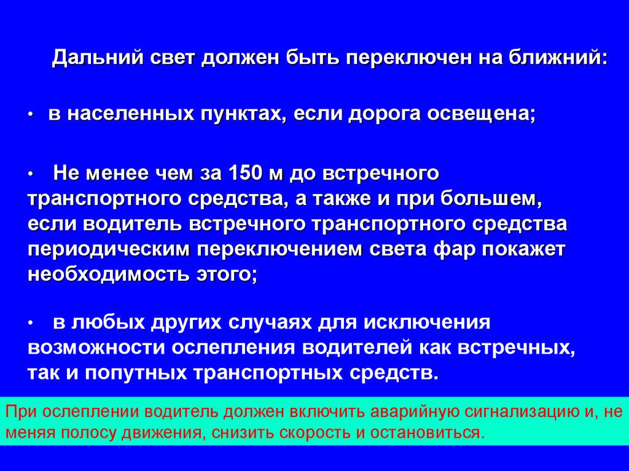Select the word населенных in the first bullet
point(126,115)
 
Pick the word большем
point(491,199)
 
